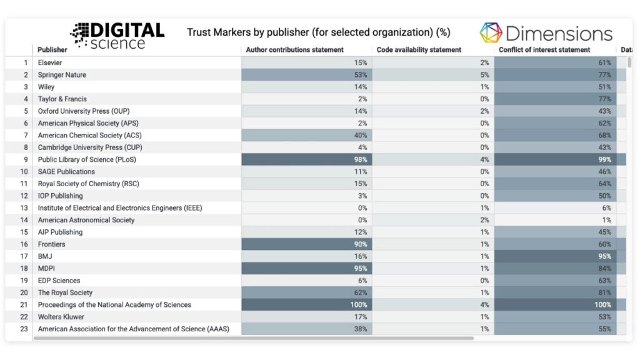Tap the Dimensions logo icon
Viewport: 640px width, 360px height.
(x=491, y=33)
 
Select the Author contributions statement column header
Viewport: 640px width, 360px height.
(x=294, y=50)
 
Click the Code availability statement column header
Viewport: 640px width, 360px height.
(x=419, y=50)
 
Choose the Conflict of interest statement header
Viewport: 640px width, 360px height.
(x=544, y=50)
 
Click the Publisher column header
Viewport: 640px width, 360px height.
(x=52, y=50)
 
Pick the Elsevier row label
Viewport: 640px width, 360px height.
(x=50, y=62)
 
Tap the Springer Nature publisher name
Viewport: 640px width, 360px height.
(x=62, y=75)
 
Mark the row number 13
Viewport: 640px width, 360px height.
(x=24, y=208)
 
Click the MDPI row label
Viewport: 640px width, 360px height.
(x=47, y=269)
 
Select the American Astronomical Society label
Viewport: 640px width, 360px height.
(x=86, y=220)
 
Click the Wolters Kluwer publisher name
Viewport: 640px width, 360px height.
(x=61, y=317)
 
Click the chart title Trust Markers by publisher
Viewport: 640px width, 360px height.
(x=318, y=32)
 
